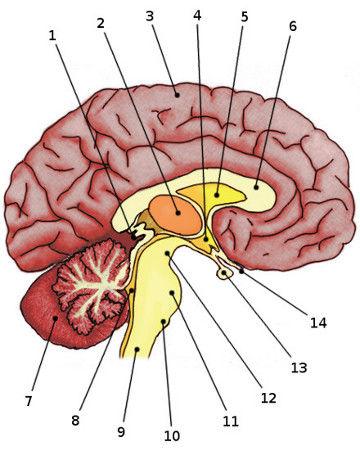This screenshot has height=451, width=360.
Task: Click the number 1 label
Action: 53,35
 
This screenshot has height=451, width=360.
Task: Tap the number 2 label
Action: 101,22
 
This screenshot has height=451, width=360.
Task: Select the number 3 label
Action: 149,16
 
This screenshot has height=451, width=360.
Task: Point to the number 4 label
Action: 196,17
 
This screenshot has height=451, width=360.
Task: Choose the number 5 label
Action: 244,17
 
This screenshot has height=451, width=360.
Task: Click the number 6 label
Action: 292,26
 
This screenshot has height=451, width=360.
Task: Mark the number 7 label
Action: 29,401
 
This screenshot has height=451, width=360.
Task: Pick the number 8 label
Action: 75,420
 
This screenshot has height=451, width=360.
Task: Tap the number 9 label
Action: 121,432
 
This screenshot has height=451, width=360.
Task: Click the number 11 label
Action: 231,421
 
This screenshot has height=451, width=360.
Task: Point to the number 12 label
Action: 267,398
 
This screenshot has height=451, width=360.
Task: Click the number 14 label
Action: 318,323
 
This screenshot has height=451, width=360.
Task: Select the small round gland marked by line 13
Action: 227,269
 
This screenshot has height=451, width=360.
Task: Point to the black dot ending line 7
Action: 54,318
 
